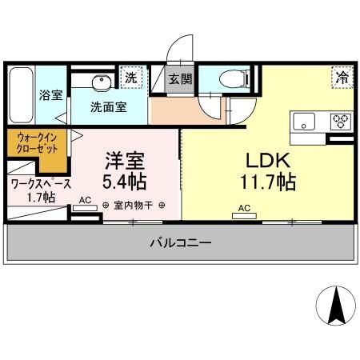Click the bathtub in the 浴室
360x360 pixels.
point(21,95)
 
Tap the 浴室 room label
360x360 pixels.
point(51,95)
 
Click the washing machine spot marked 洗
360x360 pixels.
point(131,78)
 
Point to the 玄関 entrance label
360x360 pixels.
point(180,79)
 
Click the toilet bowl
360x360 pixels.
point(234,78)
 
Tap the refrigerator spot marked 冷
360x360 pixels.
point(342,77)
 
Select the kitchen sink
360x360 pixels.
point(304,122)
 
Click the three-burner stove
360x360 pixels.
point(341,122)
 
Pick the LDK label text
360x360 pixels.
point(268,160)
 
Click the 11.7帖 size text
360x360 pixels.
point(268,182)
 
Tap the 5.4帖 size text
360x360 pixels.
point(125,182)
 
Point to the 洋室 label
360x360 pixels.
point(125,161)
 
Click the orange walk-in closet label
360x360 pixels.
point(37,143)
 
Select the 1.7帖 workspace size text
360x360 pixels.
point(42,198)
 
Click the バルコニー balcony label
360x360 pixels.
point(181,242)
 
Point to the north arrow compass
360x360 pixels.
point(336,306)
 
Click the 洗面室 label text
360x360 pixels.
point(109,107)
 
